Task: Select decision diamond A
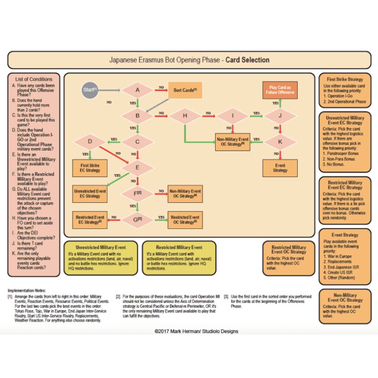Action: [137, 90]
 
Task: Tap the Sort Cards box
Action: [185, 90]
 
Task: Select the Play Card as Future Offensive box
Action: [280, 90]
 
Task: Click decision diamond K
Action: [280, 141]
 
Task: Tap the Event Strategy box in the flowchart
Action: [280, 168]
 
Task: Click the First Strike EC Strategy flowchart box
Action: [90, 167]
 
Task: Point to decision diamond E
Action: [137, 167]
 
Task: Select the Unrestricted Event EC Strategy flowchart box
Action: [90, 193]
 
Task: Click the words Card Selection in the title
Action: [247, 60]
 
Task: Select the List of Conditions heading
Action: [34, 79]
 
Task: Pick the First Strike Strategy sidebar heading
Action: [344, 79]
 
